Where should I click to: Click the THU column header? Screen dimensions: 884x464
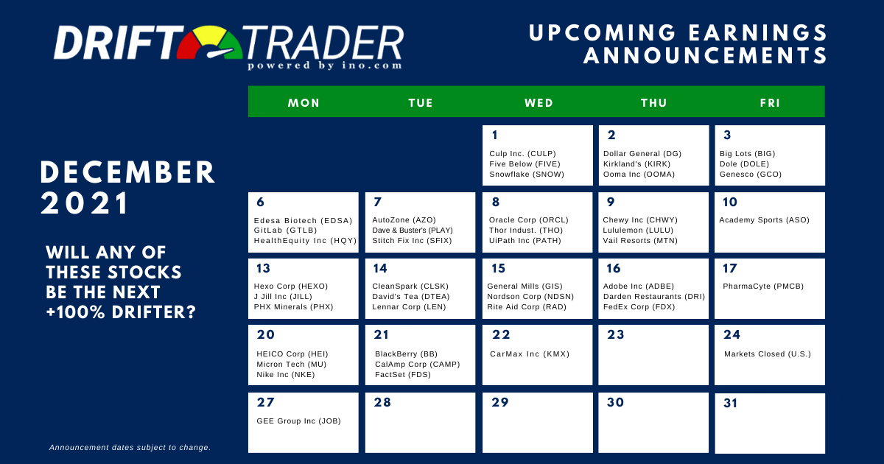click(653, 103)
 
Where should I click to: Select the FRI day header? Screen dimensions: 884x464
click(770, 103)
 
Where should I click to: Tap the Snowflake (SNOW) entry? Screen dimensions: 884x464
click(527, 175)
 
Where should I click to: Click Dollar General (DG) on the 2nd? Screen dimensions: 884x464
click(642, 154)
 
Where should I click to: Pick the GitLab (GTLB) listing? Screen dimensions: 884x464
click(285, 231)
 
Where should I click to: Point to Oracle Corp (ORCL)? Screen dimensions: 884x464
click(528, 220)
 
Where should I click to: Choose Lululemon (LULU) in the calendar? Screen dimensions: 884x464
click(638, 231)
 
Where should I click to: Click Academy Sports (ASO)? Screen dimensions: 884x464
click(764, 220)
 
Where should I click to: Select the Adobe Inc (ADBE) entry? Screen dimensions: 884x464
click(639, 287)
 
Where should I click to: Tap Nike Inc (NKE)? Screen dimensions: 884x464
click(285, 375)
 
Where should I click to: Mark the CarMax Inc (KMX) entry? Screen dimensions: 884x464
click(530, 354)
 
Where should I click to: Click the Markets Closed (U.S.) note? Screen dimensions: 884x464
click(767, 354)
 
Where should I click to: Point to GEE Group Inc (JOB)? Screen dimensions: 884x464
click(298, 421)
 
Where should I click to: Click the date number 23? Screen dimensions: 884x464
click(616, 334)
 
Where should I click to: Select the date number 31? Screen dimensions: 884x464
click(730, 404)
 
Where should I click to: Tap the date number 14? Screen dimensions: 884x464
click(380, 268)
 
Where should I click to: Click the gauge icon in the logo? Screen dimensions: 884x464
click(210, 43)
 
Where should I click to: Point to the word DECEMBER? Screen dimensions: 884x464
click(128, 173)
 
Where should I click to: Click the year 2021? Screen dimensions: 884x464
click(85, 203)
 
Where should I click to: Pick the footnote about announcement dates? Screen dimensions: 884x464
click(130, 448)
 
